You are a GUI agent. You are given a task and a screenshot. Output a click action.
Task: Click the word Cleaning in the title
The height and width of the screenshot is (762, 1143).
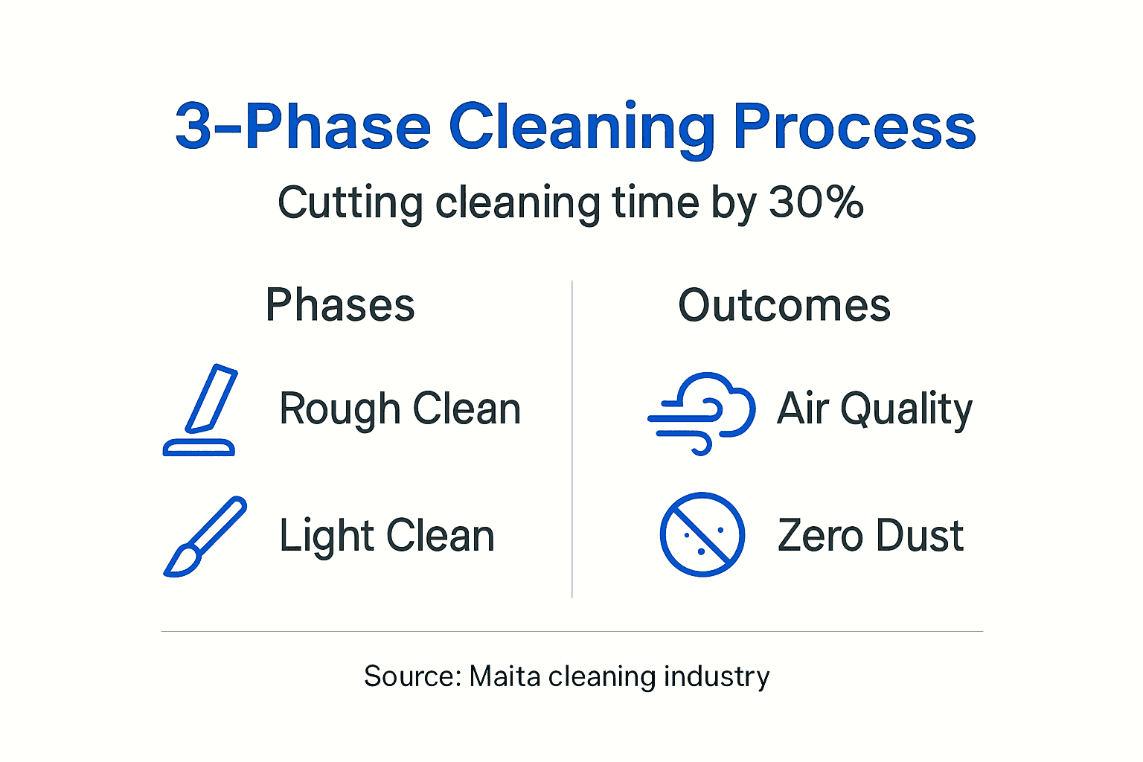(582, 128)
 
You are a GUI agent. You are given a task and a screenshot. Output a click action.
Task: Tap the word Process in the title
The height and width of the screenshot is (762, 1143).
(854, 128)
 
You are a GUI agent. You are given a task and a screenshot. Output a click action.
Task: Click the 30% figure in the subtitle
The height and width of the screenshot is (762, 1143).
(816, 202)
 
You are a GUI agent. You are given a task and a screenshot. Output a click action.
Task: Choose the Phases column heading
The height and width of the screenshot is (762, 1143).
(340, 305)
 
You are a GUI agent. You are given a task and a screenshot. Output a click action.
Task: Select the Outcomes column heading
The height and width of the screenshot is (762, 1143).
(784, 305)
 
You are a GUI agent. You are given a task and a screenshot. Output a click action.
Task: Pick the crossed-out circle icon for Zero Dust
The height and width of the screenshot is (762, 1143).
(702, 534)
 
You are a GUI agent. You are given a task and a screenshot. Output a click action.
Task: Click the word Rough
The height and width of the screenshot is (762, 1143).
(340, 410)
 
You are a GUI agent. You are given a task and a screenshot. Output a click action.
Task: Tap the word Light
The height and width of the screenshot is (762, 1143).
(325, 537)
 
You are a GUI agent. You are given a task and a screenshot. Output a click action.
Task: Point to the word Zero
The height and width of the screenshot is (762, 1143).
(820, 536)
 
